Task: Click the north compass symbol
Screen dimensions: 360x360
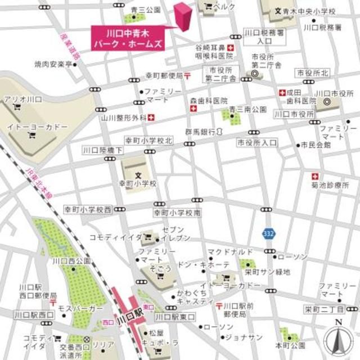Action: click(338, 339)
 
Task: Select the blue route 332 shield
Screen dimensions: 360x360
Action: click(268, 232)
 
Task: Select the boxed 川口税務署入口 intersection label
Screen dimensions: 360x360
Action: click(262, 37)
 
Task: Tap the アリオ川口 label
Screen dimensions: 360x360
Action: click(23, 99)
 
